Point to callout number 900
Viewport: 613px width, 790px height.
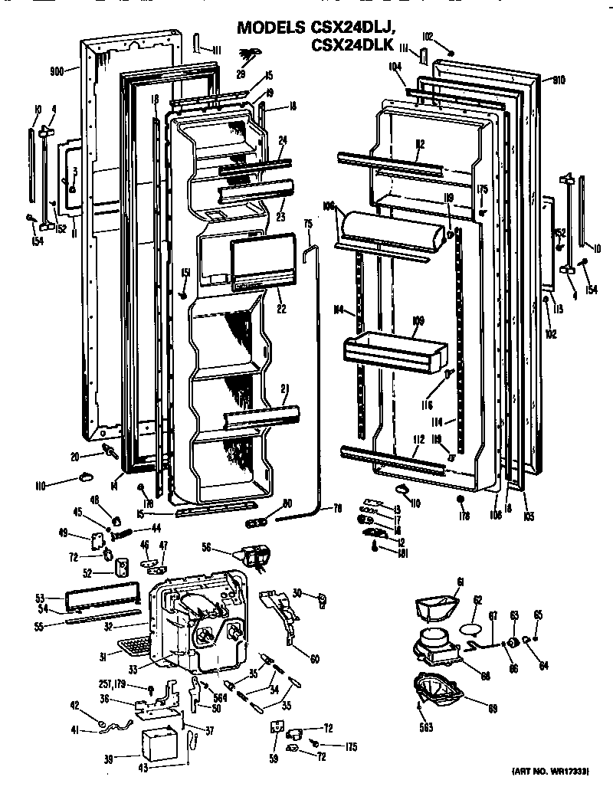click(x=56, y=70)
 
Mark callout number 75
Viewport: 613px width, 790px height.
click(x=308, y=225)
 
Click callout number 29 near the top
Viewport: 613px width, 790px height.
click(x=241, y=74)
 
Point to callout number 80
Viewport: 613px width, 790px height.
click(x=287, y=503)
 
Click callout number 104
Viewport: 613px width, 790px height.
click(x=395, y=67)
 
